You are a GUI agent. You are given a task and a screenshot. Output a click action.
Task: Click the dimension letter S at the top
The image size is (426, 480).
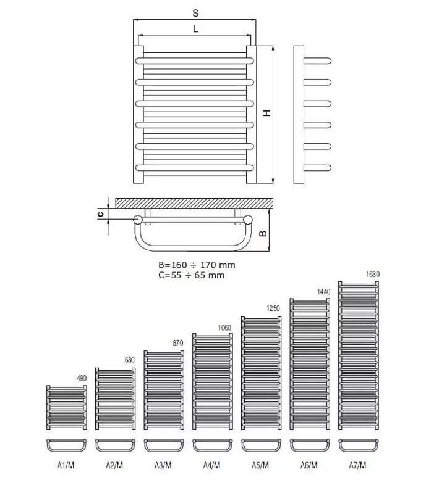tap(195, 13)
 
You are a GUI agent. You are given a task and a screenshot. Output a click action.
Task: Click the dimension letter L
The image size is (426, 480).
tap(195, 29)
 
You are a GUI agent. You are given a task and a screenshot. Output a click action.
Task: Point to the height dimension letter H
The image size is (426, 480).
tap(267, 113)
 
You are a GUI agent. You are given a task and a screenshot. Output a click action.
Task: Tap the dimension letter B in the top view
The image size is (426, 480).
tap(263, 234)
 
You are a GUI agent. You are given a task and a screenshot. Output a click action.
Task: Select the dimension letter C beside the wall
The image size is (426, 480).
tap(100, 214)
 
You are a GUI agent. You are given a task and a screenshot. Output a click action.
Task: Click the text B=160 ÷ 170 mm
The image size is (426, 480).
tap(197, 265)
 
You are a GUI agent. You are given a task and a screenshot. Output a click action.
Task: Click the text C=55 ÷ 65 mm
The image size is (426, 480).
tap(192, 275)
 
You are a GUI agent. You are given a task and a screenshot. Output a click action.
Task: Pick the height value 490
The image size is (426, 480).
tap(82, 378)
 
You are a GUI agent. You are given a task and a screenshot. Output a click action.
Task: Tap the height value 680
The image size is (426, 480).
tap(129, 360)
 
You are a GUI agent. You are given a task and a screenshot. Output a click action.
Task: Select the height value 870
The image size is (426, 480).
tap(178, 343)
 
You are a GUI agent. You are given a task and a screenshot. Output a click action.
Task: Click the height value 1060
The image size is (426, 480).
tap(224, 328)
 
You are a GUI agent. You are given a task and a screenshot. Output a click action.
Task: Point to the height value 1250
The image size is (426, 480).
tap(273, 308)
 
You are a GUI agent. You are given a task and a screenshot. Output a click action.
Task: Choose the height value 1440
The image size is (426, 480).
tap(323, 292)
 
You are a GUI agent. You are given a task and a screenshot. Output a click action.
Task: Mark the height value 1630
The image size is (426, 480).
tap(373, 275)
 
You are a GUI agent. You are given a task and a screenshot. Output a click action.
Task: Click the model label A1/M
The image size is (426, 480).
tap(66, 465)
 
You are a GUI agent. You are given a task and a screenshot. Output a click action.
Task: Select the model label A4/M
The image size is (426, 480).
tap(211, 465)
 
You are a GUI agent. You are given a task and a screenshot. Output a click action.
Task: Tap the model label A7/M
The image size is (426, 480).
tap(357, 465)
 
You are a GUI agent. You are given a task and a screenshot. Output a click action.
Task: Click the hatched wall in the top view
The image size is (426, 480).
tap(194, 204)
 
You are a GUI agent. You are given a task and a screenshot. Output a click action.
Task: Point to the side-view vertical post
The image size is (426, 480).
tap(299, 115)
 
